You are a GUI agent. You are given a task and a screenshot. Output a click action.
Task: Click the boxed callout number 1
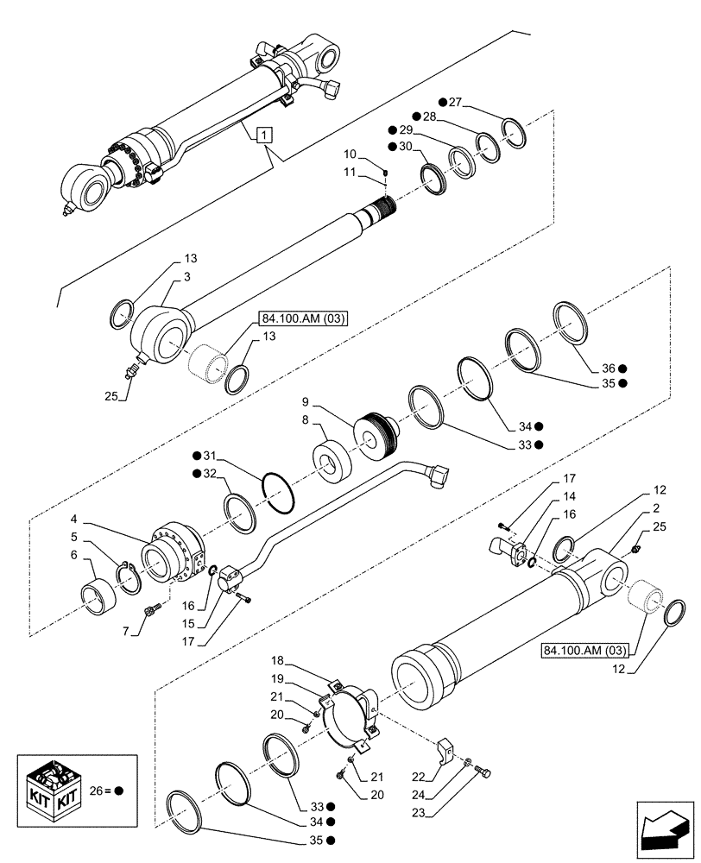(264, 134)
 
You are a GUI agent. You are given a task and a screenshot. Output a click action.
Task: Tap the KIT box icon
(51, 789)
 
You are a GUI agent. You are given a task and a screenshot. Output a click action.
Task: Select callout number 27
(455, 104)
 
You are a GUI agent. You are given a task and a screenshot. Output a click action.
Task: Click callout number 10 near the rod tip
(350, 154)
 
